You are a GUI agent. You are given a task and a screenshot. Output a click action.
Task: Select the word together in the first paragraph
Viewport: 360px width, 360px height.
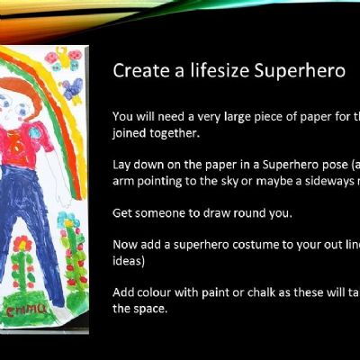pyautogui.click(x=175, y=133)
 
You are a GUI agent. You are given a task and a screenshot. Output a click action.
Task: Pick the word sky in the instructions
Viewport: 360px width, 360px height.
pyautogui.click(x=231, y=182)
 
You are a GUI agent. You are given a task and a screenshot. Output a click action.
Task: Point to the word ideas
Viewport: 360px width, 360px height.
pyautogui.click(x=129, y=261)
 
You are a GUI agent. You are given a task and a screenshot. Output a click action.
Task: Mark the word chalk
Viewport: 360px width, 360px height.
pyautogui.click(x=261, y=292)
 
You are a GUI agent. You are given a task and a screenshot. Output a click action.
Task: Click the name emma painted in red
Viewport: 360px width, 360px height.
pyautogui.click(x=26, y=309)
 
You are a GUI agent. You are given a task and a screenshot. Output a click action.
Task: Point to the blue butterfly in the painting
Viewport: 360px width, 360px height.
pyautogui.click(x=72, y=88)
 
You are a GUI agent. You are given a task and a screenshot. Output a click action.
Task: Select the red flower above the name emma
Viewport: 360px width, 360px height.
pyautogui.click(x=22, y=243)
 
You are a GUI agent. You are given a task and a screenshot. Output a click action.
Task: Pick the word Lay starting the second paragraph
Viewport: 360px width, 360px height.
pyautogui.click(x=121, y=166)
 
